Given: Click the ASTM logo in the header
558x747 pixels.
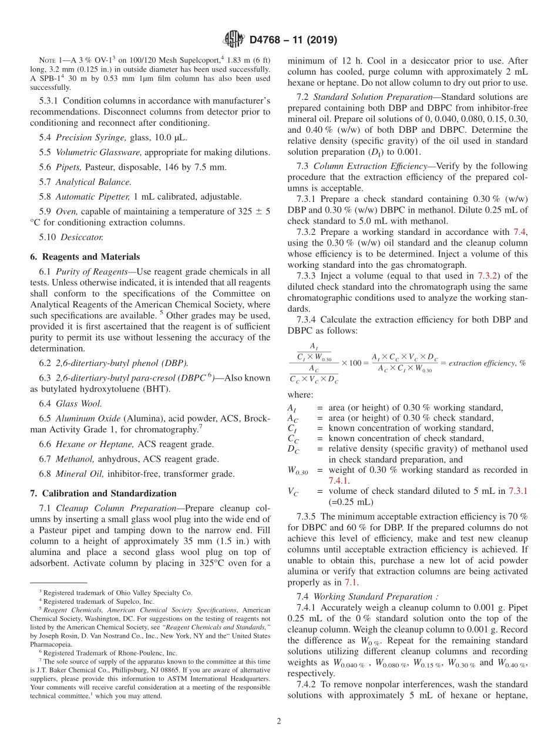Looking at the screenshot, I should click(x=233, y=40).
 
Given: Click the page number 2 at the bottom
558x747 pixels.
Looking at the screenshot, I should click(x=279, y=721).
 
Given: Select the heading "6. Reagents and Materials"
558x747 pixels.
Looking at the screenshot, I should click(x=85, y=257).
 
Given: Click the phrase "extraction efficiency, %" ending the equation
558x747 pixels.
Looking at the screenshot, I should click(x=487, y=363).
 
